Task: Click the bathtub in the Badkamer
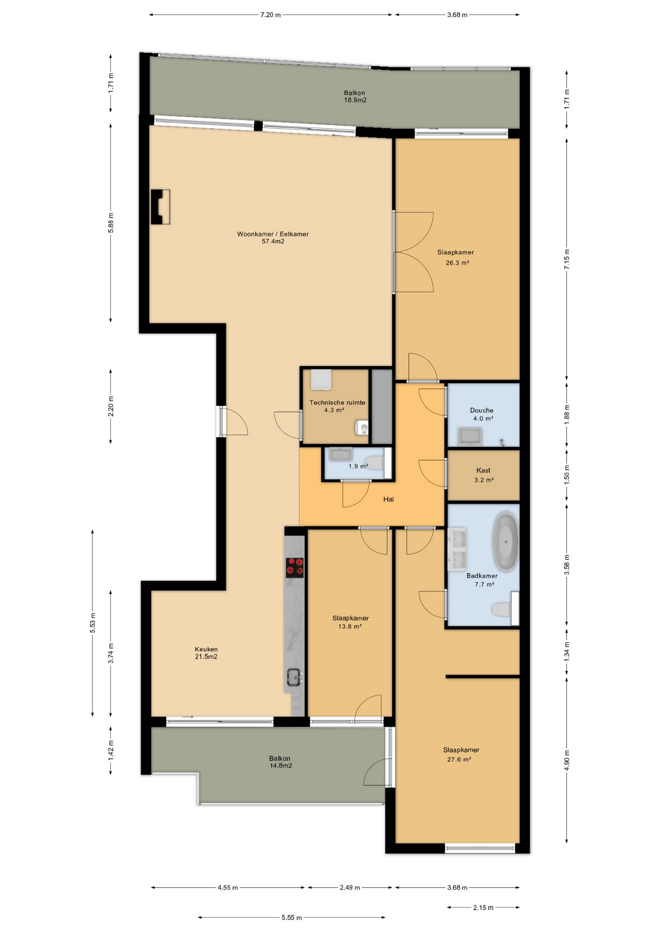506,541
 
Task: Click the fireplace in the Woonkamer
160,207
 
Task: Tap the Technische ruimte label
337,402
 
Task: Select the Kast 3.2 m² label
483,475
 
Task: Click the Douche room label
482,410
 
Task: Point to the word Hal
388,499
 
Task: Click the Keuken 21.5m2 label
206,653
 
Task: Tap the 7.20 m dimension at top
270,15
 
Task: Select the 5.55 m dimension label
292,917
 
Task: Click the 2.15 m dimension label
483,907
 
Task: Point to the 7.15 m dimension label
567,259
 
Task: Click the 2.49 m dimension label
350,887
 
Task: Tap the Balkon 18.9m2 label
355,97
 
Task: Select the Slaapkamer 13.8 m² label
350,622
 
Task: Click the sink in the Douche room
470,436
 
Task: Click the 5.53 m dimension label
92,623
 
